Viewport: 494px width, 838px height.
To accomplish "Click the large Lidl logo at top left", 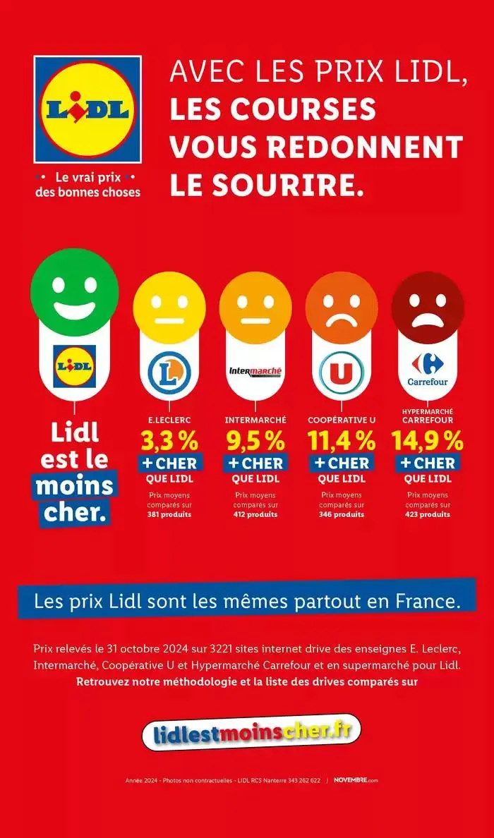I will (x=88, y=109).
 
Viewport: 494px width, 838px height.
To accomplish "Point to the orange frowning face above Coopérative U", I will (x=342, y=308).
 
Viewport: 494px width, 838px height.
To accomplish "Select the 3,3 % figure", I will (x=169, y=441).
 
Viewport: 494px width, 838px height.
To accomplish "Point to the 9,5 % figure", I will (x=255, y=441).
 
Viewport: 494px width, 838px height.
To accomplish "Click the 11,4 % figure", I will (x=342, y=441).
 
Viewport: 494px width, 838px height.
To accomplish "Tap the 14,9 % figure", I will (x=428, y=441).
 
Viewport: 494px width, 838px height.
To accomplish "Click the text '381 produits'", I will (x=169, y=514).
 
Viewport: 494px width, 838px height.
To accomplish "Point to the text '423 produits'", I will (x=428, y=514).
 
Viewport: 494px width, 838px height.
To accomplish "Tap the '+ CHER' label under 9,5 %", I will (x=255, y=463).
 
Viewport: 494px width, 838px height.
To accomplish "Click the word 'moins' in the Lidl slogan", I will (x=74, y=486).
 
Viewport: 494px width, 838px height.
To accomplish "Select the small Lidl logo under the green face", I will (x=74, y=366).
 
